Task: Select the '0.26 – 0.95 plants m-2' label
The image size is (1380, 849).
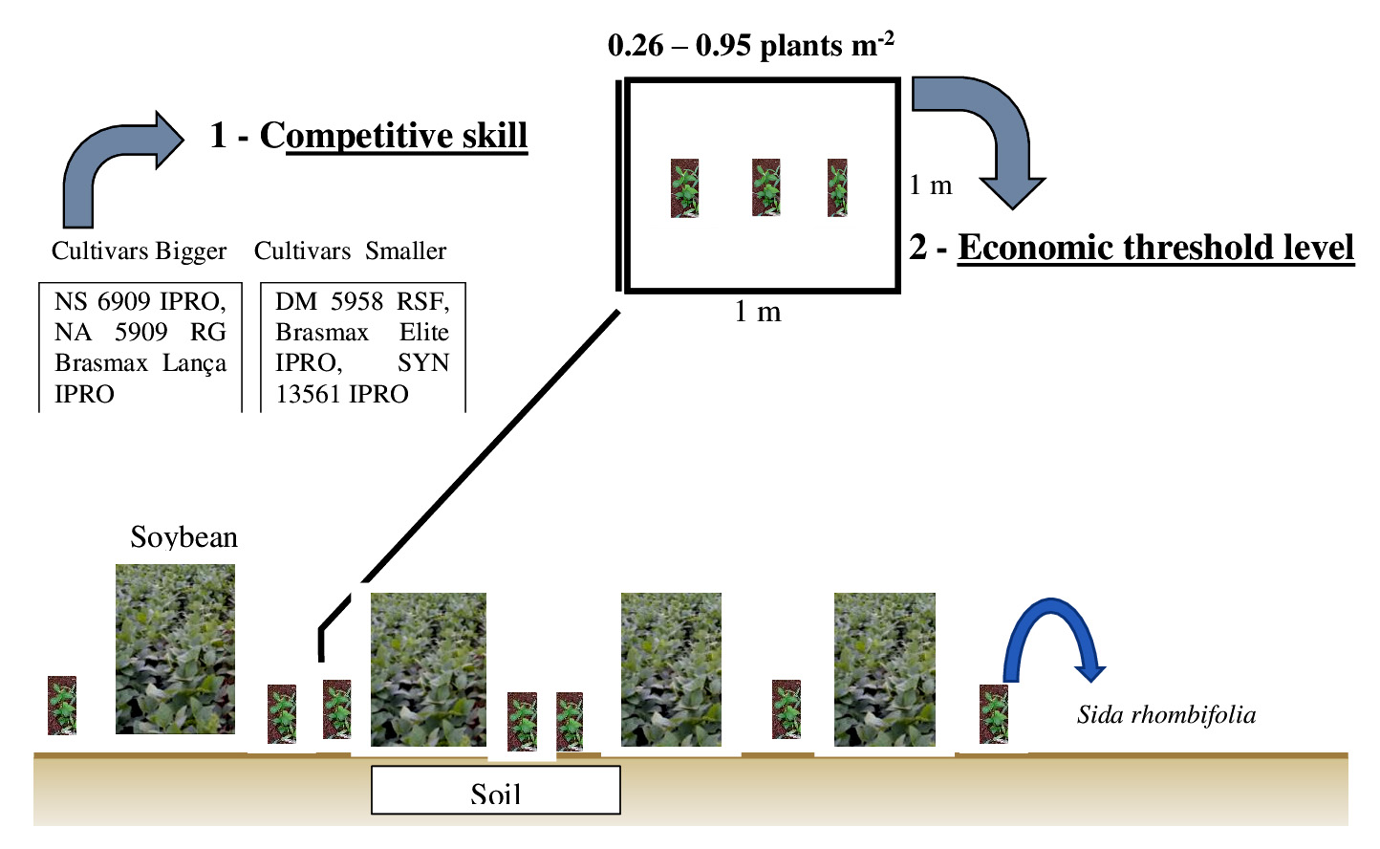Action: [751, 45]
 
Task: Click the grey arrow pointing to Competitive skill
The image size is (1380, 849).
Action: [119, 162]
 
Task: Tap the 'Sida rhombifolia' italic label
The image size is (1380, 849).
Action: [1166, 715]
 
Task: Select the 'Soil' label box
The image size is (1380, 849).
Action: [495, 791]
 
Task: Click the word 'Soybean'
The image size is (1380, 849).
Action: [183, 537]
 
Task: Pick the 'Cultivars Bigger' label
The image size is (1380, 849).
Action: [139, 251]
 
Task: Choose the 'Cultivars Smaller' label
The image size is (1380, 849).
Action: [350, 251]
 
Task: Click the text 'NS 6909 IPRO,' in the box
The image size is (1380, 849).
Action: [140, 302]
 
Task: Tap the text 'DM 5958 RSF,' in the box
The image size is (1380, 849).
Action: [362, 302]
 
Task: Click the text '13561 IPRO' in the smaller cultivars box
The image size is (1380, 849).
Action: [342, 394]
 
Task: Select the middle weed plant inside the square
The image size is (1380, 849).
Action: [765, 187]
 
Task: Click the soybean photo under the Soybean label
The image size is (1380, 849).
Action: [175, 649]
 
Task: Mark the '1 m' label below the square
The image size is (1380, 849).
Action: [757, 312]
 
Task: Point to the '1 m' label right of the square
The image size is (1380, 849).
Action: [930, 185]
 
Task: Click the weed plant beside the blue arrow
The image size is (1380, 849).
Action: [994, 713]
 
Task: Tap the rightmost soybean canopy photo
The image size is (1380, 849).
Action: [884, 669]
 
